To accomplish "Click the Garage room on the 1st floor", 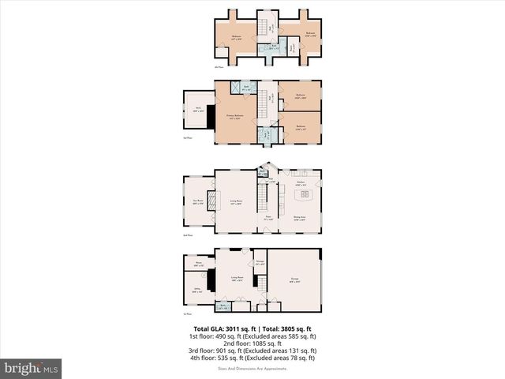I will [x=294, y=280].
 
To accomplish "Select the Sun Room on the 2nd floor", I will [x=198, y=201].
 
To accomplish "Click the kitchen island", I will [x=305, y=192].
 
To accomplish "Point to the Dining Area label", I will [x=300, y=218].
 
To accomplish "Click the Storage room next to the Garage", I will [x=260, y=263].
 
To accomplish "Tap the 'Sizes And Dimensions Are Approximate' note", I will [x=252, y=367].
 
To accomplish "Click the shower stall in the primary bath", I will [x=235, y=88].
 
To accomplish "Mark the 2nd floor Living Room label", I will [x=235, y=202].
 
